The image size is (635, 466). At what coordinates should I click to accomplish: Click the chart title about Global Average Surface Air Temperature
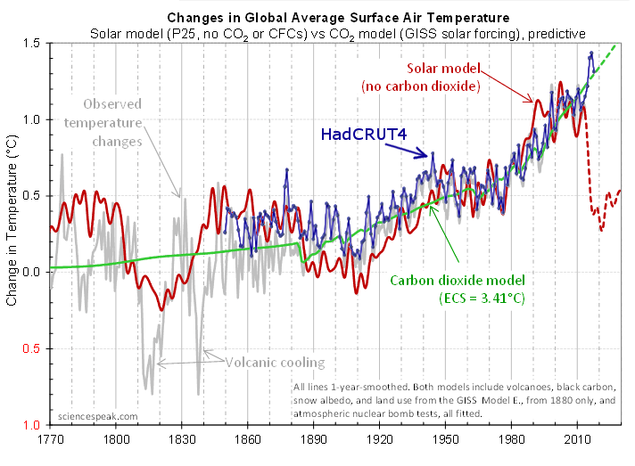pyautogui.click(x=338, y=17)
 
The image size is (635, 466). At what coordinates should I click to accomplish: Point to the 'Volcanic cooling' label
pyautogui.click(x=275, y=363)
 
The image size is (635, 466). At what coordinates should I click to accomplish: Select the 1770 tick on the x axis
pyautogui.click(x=50, y=438)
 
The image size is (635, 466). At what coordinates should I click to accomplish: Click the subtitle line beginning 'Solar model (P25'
pyautogui.click(x=338, y=33)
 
